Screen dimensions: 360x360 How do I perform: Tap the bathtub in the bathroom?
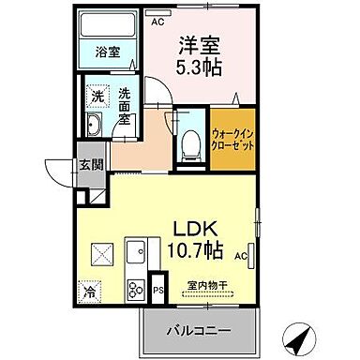tap(105, 27)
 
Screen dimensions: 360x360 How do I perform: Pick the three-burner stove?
tap(136, 291)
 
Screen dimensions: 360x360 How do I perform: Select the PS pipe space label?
tap(158, 291)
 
